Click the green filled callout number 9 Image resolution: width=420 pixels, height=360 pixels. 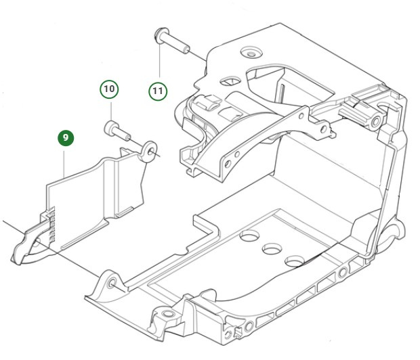point(66,138)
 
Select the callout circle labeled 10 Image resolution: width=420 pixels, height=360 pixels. point(109,89)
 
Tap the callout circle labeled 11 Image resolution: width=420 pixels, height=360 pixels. point(158,89)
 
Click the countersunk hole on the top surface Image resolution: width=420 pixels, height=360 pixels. point(252,52)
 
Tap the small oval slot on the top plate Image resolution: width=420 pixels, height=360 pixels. point(230,81)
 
